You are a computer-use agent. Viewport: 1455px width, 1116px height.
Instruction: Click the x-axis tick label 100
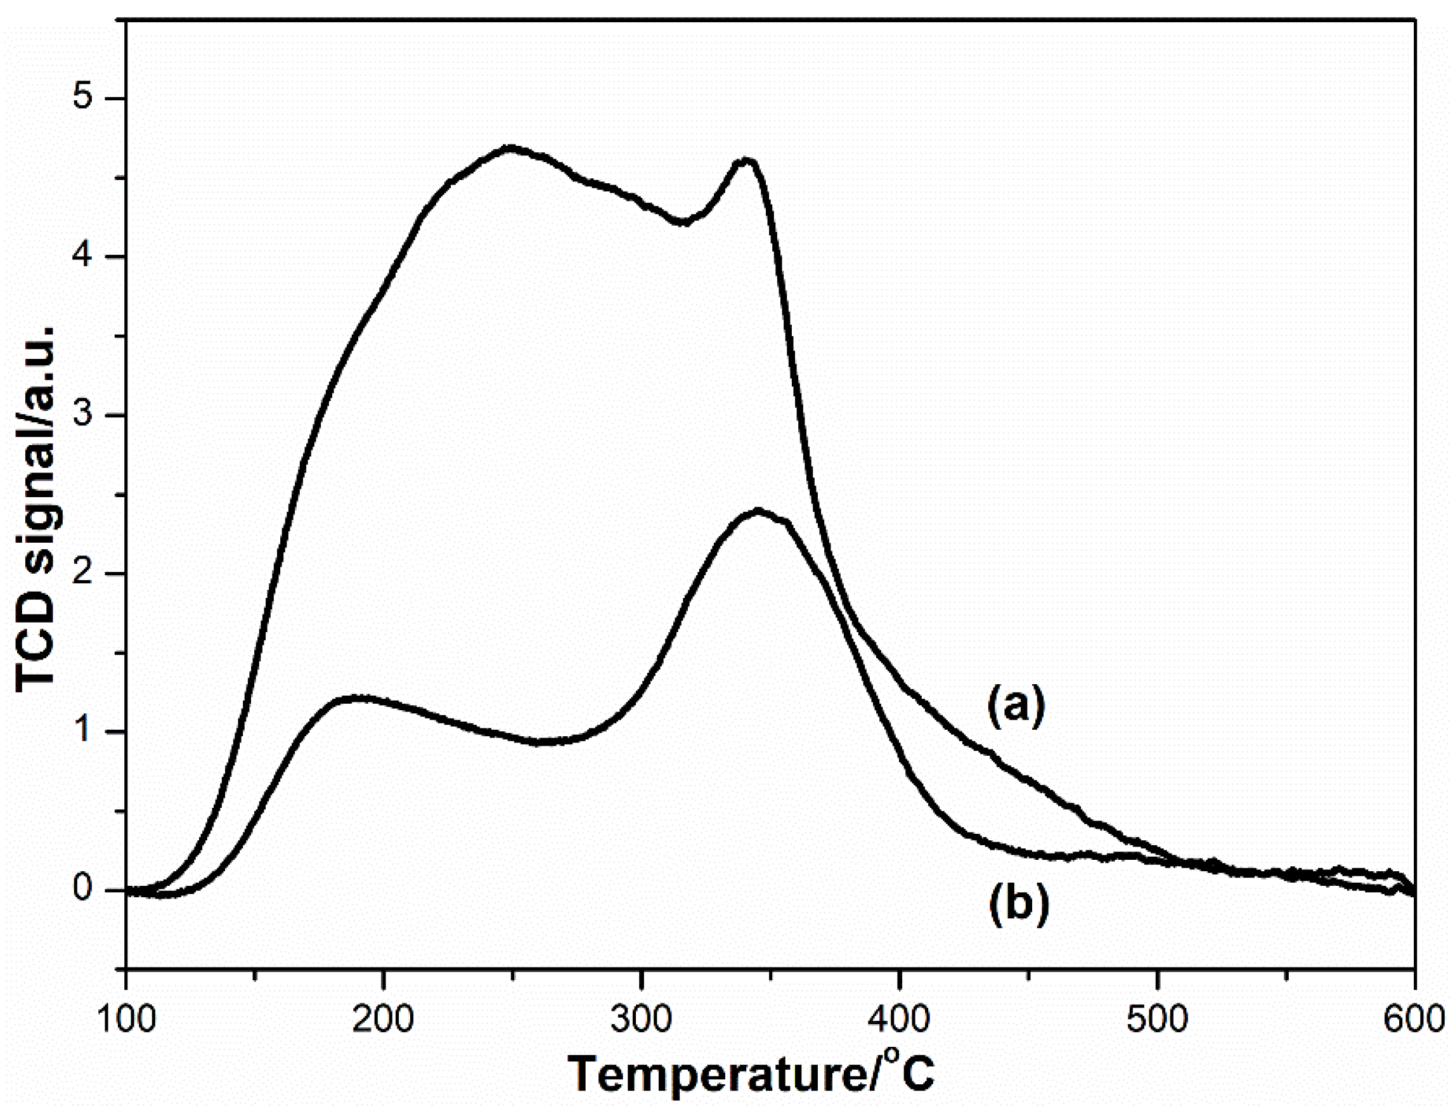pos(126,1019)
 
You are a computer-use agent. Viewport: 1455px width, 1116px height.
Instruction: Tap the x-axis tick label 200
pos(383,1019)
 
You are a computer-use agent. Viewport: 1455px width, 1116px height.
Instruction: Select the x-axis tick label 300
pos(641,1019)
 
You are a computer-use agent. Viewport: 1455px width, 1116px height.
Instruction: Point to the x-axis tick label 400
pos(898,1019)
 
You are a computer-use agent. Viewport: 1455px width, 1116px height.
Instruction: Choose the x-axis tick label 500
pos(1157,1019)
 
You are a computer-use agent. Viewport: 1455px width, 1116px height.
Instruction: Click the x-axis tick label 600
pos(1413,1019)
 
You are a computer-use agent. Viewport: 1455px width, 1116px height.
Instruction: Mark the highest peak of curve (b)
pos(758,510)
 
